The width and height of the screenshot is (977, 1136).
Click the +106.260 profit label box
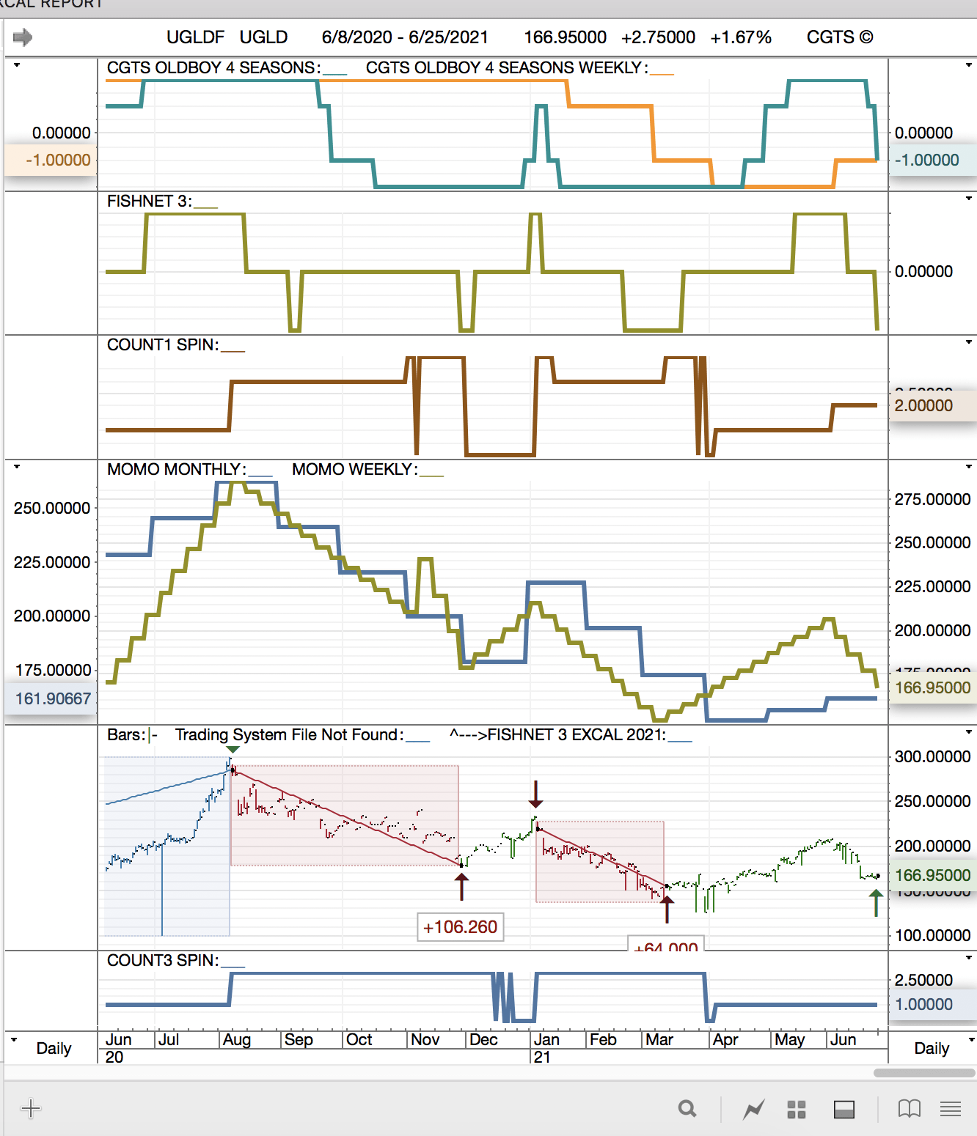click(460, 927)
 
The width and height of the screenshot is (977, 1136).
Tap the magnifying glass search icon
click(687, 1109)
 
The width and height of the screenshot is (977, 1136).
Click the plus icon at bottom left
click(31, 1108)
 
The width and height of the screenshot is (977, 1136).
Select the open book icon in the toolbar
click(909, 1109)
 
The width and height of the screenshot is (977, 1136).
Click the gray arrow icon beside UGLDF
click(23, 37)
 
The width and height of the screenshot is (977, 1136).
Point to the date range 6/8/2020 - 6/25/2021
click(405, 37)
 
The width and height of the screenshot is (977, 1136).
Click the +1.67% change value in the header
click(741, 37)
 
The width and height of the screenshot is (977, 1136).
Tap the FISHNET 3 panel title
click(150, 202)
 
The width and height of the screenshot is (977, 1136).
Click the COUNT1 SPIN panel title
click(163, 345)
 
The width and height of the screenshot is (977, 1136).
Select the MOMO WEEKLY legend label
click(355, 470)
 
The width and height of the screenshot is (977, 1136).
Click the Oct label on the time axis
click(359, 1040)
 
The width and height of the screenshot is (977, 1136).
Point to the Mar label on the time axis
click(659, 1040)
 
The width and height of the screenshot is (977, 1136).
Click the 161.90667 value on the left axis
click(53, 698)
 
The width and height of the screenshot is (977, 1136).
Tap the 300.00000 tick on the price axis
click(932, 757)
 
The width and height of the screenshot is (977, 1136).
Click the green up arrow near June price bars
click(876, 902)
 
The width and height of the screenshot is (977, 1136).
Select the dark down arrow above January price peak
click(536, 794)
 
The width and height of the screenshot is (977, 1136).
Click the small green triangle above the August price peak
click(233, 750)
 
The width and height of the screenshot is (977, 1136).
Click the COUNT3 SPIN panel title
click(163, 961)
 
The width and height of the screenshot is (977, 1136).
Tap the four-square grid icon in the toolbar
click(797, 1110)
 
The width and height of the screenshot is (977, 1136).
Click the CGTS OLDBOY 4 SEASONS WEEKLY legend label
click(506, 68)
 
